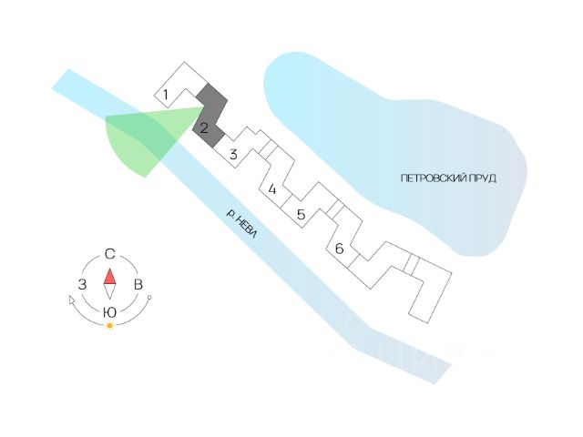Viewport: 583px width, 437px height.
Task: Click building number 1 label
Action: [x=166, y=94]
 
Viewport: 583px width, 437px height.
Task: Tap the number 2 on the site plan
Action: [x=205, y=127]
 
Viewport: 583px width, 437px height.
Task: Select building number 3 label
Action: [x=233, y=155]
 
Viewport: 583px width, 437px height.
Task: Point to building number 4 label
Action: [x=271, y=190]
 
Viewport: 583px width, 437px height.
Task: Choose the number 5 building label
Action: [x=300, y=216]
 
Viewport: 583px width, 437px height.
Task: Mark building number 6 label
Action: [x=338, y=249]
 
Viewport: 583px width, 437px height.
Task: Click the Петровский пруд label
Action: [x=447, y=178]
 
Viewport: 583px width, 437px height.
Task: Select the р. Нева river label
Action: [x=243, y=225]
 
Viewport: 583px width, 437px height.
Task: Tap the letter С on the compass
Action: [x=109, y=253]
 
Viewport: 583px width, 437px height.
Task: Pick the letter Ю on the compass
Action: [x=109, y=312]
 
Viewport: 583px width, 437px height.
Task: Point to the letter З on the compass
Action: [x=82, y=285]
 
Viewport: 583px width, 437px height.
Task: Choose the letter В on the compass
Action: [x=138, y=285]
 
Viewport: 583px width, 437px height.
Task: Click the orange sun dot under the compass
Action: [x=109, y=325]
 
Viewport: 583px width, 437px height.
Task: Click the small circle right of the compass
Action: [x=149, y=299]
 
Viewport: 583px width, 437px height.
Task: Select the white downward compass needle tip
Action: [x=109, y=293]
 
